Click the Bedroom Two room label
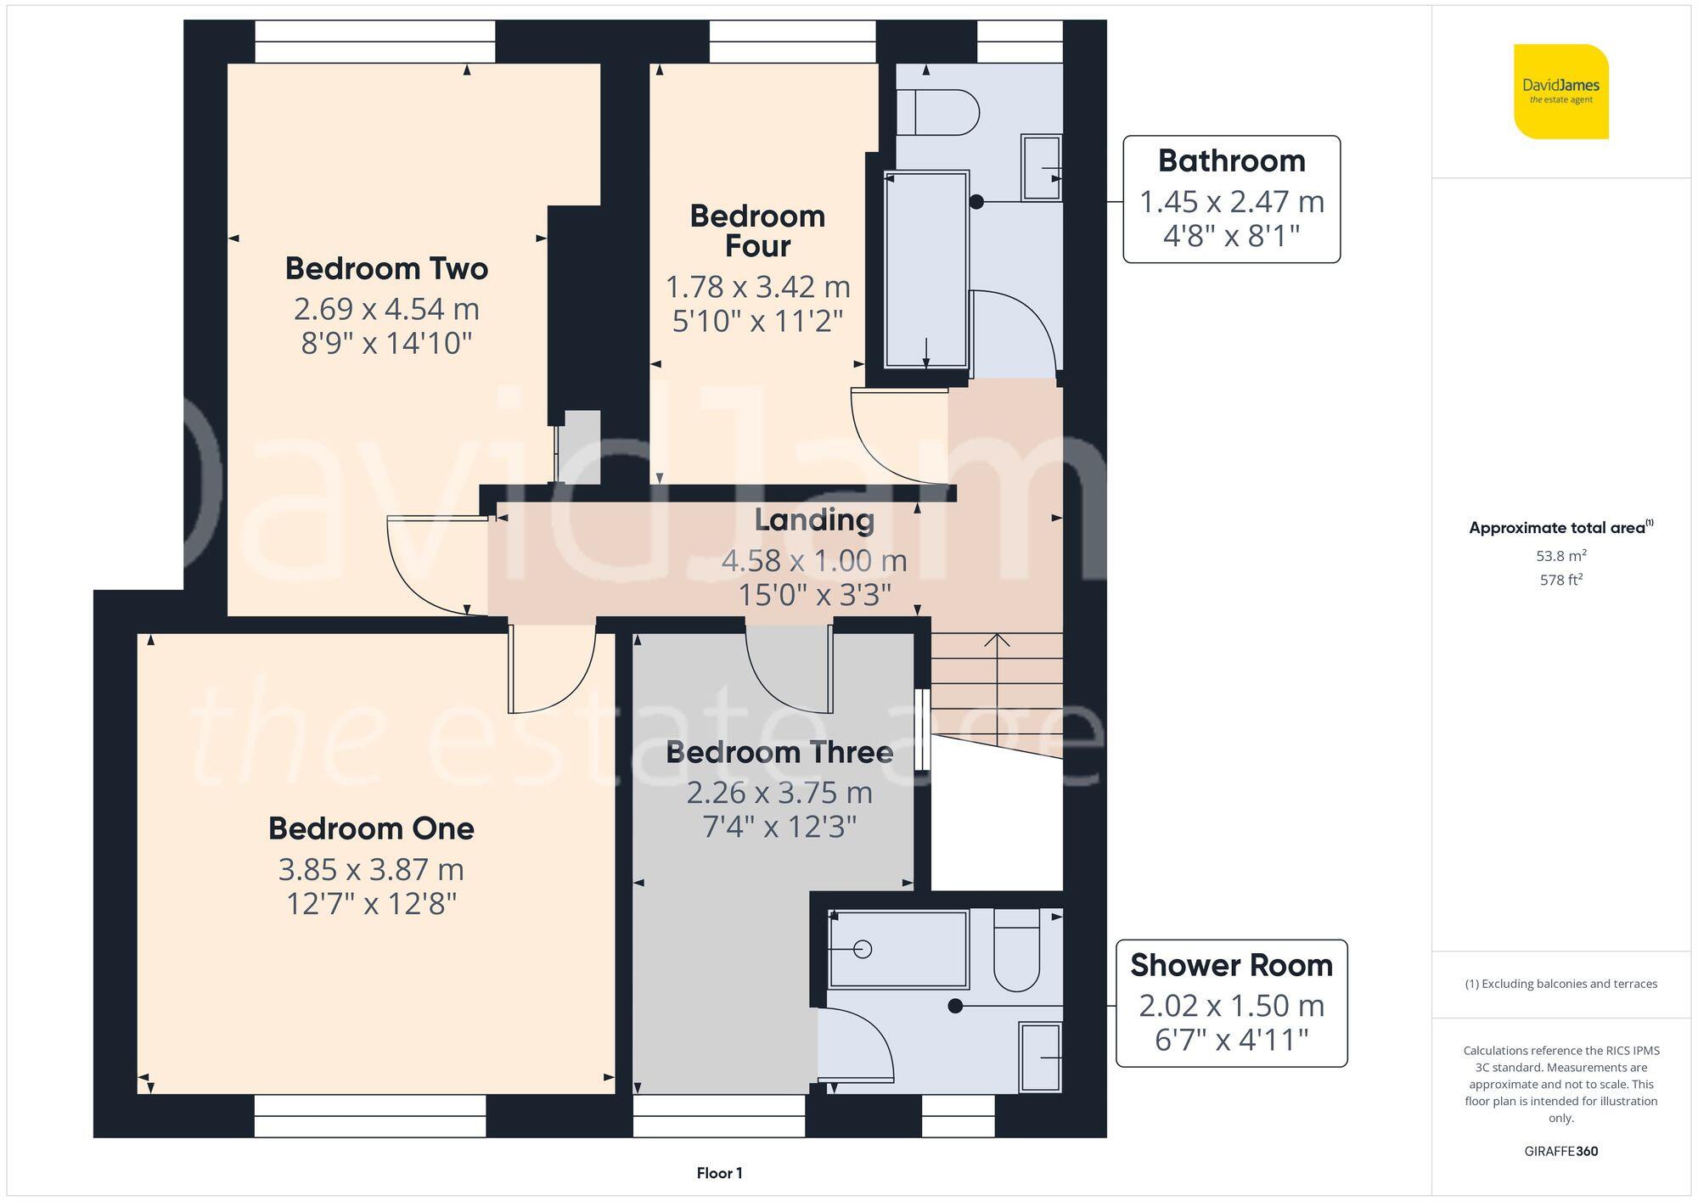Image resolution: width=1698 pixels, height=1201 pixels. pyautogui.click(x=386, y=269)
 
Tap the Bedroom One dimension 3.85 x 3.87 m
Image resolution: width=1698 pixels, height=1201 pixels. pyautogui.click(x=371, y=870)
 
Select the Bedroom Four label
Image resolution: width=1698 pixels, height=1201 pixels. pyautogui.click(x=757, y=231)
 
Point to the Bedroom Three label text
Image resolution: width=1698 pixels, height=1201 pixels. pyautogui.click(x=779, y=753)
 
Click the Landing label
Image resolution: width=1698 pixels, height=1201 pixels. pyautogui.click(x=814, y=520)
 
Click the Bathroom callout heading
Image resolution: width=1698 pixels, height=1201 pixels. pyautogui.click(x=1231, y=161)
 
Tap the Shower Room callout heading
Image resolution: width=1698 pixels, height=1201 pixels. pyautogui.click(x=1231, y=966)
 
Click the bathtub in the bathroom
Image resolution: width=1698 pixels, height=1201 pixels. pyautogui.click(x=925, y=270)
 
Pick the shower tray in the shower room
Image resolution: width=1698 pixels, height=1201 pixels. pyautogui.click(x=898, y=949)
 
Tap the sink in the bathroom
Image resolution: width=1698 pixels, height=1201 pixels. pyautogui.click(x=1041, y=167)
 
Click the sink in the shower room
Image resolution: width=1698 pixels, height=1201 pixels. pyautogui.click(x=1040, y=1058)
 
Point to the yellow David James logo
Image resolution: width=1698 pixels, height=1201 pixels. pyautogui.click(x=1560, y=92)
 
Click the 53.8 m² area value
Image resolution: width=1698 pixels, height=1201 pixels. pyautogui.click(x=1560, y=556)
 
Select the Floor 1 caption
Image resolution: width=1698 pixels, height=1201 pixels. pyautogui.click(x=719, y=1173)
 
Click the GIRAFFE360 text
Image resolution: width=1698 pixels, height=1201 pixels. pyautogui.click(x=1560, y=1151)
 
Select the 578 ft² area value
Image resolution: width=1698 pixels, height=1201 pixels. pyautogui.click(x=1560, y=581)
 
